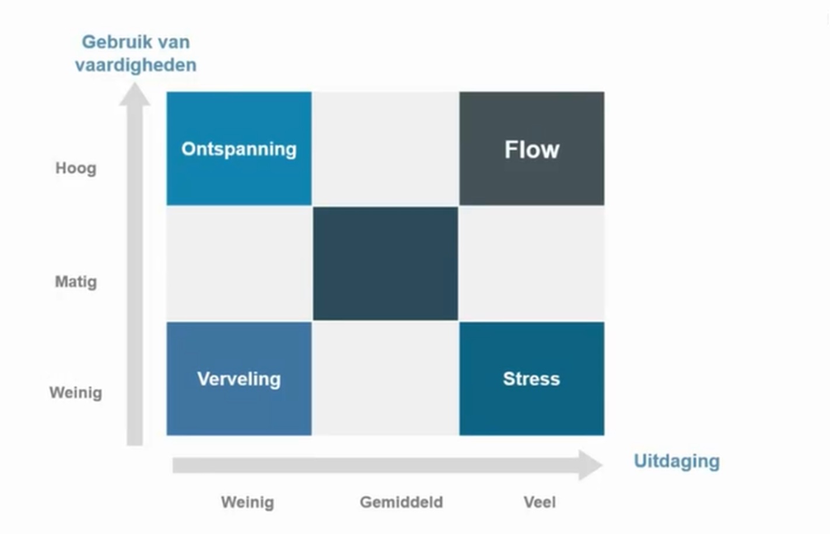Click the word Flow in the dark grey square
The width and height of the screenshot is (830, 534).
(x=531, y=150)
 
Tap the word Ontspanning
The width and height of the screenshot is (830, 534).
(x=239, y=149)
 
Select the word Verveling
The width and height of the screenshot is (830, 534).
(x=239, y=379)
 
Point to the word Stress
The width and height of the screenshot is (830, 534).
(x=531, y=379)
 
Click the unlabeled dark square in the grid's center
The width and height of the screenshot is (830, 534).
(x=385, y=264)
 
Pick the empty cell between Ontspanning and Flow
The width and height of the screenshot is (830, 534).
(x=385, y=148)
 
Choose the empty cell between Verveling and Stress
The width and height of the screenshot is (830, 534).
(x=385, y=378)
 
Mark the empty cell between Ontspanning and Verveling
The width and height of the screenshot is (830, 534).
(x=239, y=264)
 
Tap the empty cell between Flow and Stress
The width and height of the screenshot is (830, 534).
(x=531, y=264)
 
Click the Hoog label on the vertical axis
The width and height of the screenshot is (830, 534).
(x=76, y=168)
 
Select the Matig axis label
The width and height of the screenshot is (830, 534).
(x=76, y=282)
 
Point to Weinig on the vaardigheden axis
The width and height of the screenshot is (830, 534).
(x=76, y=393)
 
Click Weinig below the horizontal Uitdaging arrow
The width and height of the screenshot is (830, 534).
(x=247, y=503)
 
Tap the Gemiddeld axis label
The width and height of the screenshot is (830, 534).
(x=401, y=503)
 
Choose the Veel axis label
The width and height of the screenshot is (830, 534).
(x=540, y=503)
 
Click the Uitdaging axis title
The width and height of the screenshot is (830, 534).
(x=677, y=461)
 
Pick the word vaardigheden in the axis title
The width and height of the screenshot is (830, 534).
(x=135, y=65)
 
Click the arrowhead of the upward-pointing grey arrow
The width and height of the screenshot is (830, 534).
(x=135, y=95)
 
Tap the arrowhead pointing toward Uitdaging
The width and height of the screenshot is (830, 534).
(x=590, y=465)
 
